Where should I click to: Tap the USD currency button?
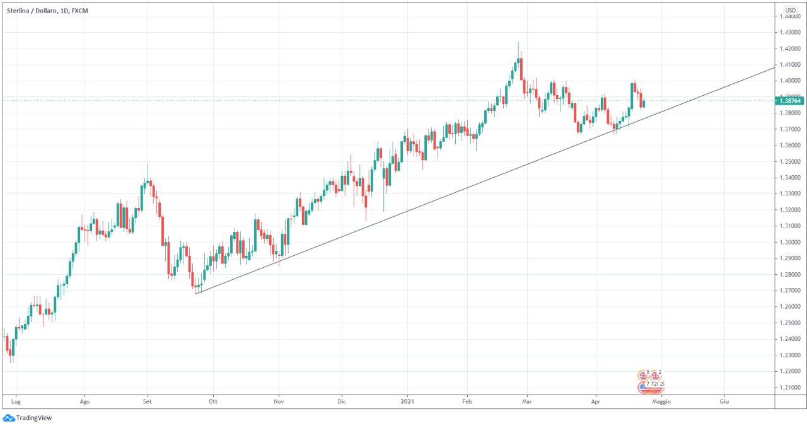(x=791, y=10)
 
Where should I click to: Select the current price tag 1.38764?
(x=790, y=100)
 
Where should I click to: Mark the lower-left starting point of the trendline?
(x=196, y=294)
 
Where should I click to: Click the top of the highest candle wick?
(x=518, y=42)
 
